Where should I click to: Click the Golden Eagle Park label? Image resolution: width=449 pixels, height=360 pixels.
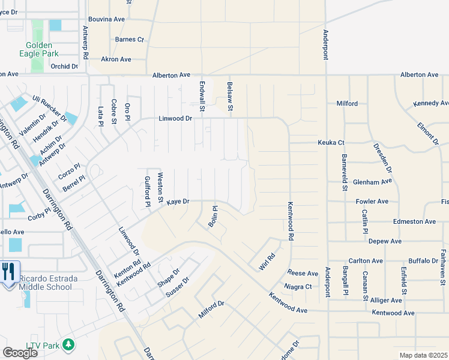point(38,50)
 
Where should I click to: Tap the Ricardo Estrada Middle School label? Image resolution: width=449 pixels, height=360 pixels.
point(45,283)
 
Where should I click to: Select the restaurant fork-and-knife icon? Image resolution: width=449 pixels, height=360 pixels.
point(8,272)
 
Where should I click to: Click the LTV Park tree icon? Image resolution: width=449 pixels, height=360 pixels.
point(69,344)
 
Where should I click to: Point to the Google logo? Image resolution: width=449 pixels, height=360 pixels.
point(20,353)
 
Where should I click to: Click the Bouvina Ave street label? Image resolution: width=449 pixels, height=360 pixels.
point(106,19)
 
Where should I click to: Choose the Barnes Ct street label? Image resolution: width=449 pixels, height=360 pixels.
point(130,40)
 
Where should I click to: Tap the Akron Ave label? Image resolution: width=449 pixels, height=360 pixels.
point(116,59)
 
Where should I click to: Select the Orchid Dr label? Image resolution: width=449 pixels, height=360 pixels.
point(64,67)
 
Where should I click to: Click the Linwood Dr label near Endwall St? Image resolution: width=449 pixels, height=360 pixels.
point(175,118)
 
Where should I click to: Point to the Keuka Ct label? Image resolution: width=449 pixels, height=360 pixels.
point(331,143)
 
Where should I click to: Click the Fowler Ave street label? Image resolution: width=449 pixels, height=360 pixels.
point(372,202)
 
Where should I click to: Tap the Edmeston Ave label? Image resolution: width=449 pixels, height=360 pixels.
point(414,221)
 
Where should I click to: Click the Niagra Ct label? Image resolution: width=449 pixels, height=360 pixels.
point(298,287)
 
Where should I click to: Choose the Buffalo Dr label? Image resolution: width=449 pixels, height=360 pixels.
point(423,261)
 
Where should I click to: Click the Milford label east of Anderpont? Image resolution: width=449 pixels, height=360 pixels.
point(347,103)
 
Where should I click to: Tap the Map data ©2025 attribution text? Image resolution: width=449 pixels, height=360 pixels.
point(423,355)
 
